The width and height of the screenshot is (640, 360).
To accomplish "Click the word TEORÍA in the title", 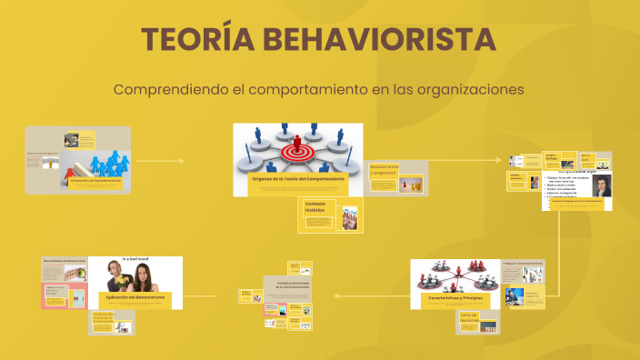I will (x=193, y=41).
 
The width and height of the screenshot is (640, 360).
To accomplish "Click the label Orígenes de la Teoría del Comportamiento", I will (x=297, y=179).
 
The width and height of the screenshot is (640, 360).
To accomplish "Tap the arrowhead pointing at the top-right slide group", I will (x=500, y=161).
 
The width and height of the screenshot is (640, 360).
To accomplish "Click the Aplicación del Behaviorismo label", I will (x=135, y=297).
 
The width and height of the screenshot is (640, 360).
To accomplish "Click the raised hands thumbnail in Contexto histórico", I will (x=350, y=219).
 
